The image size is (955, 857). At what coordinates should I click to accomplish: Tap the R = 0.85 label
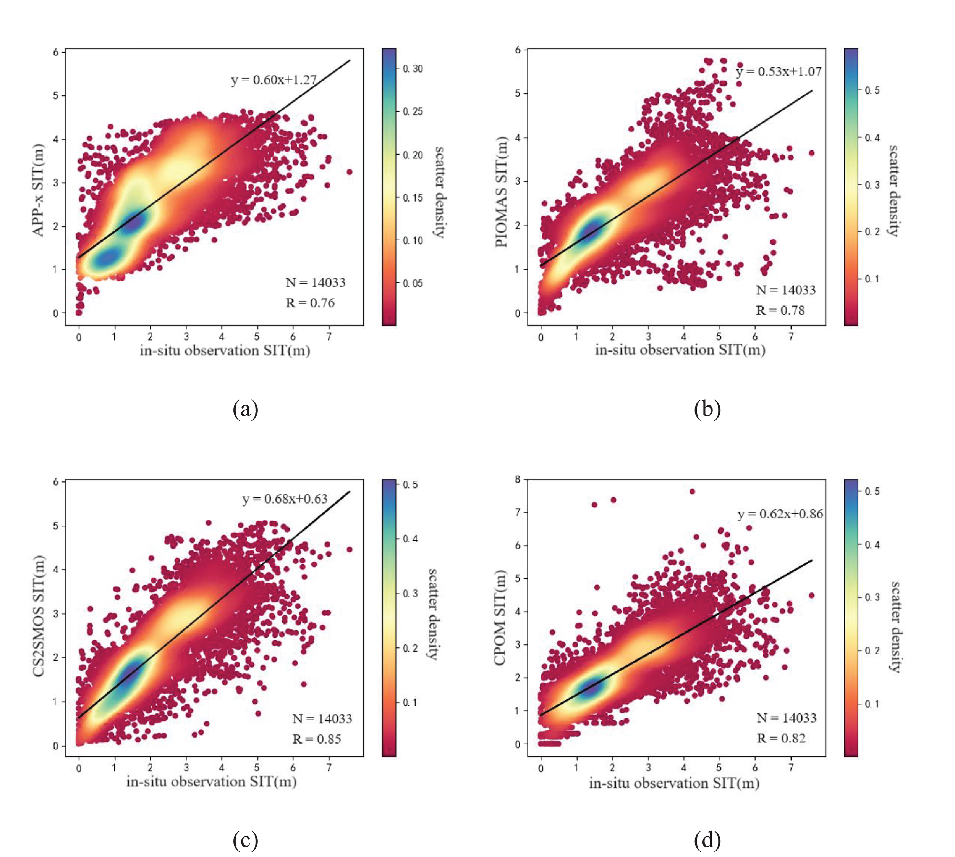pyautogui.click(x=317, y=739)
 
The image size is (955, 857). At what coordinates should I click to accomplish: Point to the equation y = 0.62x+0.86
pyautogui.click(x=780, y=514)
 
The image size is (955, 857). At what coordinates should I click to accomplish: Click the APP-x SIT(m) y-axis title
pyautogui.click(x=38, y=190)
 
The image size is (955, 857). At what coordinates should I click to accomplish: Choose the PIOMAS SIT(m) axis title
pyautogui.click(x=501, y=192)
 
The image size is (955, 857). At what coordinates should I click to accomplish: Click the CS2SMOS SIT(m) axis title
pyautogui.click(x=39, y=617)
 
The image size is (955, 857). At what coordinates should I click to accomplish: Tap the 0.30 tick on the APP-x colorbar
pyautogui.click(x=413, y=69)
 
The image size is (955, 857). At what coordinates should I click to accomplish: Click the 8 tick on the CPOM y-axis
pyautogui.click(x=518, y=479)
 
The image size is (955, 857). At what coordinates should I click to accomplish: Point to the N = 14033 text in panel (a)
pyautogui.click(x=315, y=282)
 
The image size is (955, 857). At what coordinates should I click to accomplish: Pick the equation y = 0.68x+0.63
pyautogui.click(x=285, y=499)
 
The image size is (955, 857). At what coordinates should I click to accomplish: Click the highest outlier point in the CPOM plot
pyautogui.click(x=692, y=492)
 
